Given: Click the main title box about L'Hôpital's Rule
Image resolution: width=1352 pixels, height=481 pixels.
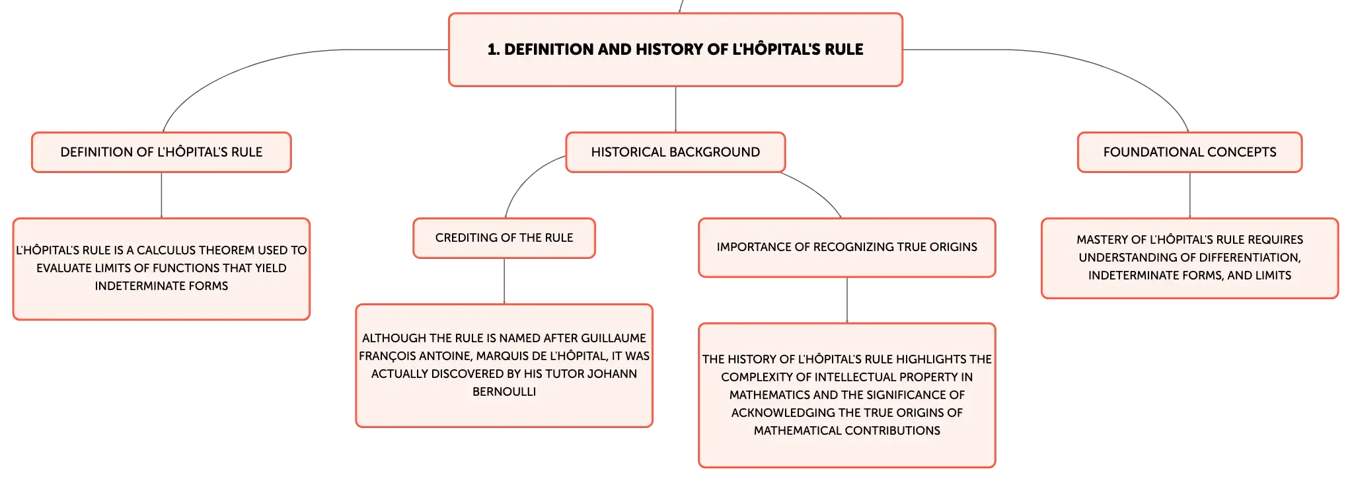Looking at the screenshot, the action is pyautogui.click(x=675, y=50).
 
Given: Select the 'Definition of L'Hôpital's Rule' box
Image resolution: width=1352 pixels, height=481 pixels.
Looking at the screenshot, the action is pyautogui.click(x=161, y=152).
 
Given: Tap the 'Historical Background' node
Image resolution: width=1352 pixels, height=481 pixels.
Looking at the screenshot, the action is pyautogui.click(x=675, y=152).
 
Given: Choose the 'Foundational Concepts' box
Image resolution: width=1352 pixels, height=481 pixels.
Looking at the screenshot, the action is pyautogui.click(x=1189, y=152).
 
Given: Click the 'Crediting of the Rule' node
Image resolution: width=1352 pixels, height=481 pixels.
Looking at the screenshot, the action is pyautogui.click(x=504, y=238).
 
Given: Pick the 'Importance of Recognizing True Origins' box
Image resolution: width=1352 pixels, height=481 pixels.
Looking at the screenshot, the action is pyautogui.click(x=846, y=247).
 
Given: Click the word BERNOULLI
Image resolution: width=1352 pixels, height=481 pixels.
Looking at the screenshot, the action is pyautogui.click(x=504, y=392).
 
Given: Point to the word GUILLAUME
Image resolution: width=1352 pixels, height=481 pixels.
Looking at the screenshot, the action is pyautogui.click(x=613, y=338).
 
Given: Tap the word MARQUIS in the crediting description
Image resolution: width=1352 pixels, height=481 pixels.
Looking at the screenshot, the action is pyautogui.click(x=502, y=356).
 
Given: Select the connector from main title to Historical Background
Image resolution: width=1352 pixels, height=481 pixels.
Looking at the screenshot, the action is pyautogui.click(x=675, y=109).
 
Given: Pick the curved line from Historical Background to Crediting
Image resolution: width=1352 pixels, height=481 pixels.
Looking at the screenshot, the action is pyautogui.click(x=525, y=178).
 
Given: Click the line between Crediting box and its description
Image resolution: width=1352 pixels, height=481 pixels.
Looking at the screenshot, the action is pyautogui.click(x=504, y=281).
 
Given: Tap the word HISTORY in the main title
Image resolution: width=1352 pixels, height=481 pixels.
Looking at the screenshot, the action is pyautogui.click(x=669, y=50).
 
